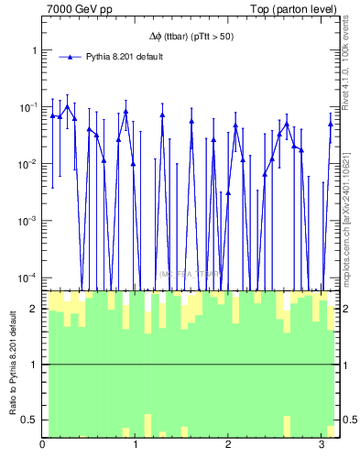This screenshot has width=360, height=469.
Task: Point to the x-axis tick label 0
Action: (43, 446)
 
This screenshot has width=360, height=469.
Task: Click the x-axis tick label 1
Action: (136, 446)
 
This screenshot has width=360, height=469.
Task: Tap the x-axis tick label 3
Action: (321, 446)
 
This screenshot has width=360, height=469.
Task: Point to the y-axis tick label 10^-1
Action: (29, 107)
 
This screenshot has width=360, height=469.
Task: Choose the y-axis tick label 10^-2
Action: (29, 164)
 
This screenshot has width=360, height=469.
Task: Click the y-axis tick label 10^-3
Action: (29, 221)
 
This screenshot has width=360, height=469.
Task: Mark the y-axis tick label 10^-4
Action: (29, 278)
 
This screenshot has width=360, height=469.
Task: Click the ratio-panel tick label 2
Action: (35, 309)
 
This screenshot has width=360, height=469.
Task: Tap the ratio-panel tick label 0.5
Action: (31, 420)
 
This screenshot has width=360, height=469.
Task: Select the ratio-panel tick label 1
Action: (35, 365)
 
